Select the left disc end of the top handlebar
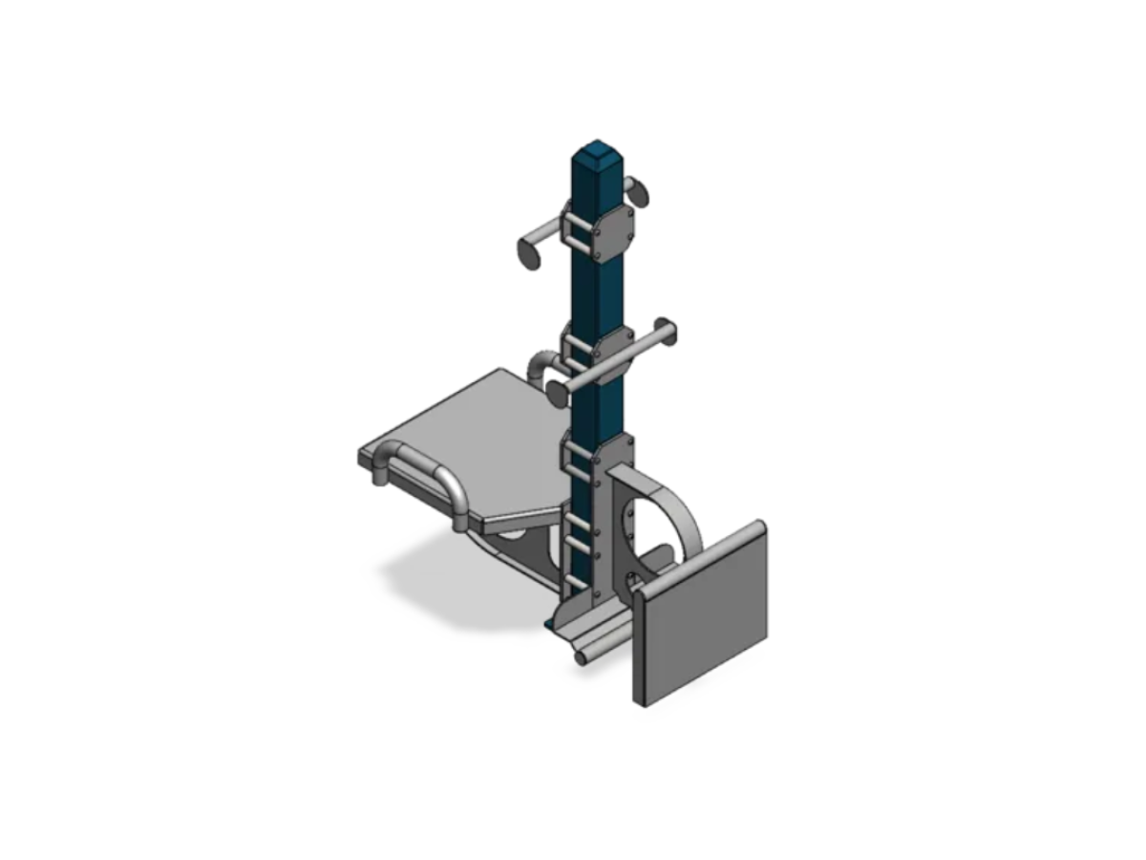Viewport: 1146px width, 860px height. coord(528,253)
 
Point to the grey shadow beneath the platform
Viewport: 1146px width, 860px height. coord(449,592)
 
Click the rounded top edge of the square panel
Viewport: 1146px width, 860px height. coord(702,557)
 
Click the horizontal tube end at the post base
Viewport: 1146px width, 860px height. coord(580,658)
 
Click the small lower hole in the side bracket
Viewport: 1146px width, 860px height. coord(631,582)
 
